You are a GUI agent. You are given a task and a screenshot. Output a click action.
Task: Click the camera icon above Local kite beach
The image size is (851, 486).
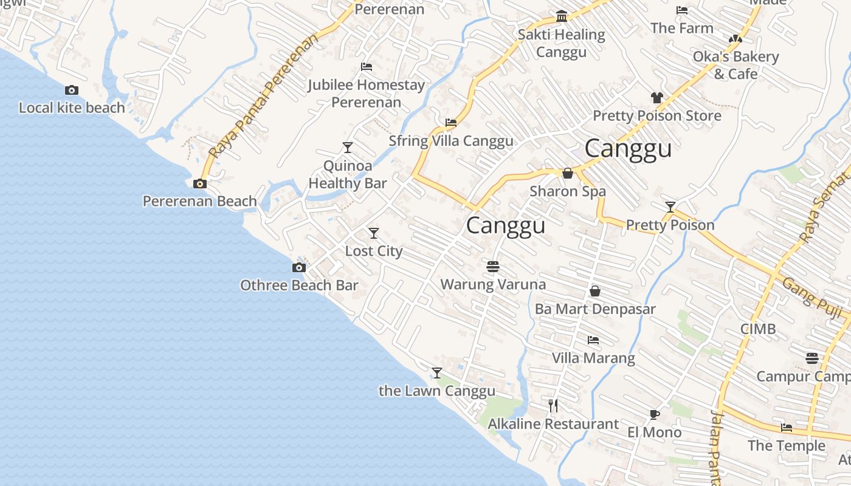tap(72, 91)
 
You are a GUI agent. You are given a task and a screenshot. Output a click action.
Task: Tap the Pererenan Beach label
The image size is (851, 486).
tap(199, 201)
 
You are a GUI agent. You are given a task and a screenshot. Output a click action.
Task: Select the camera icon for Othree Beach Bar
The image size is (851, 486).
tap(298, 267)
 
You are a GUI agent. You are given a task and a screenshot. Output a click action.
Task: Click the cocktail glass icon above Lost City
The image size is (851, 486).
tap(374, 233)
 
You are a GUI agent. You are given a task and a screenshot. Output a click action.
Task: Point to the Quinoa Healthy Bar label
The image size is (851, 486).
tap(348, 174)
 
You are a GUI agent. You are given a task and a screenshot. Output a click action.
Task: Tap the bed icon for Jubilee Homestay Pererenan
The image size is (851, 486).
tap(367, 67)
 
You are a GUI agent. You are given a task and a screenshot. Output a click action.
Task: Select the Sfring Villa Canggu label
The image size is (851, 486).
tap(451, 141)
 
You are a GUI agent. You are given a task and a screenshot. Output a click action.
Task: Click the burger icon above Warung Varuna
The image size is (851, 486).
tap(493, 266)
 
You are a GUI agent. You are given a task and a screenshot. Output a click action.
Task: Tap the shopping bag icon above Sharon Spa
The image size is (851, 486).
tap(568, 173)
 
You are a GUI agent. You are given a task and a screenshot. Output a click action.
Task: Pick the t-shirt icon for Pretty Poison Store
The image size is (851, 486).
tap(656, 97)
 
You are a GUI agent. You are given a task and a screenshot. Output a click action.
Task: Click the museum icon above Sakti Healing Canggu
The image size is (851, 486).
tap(562, 16)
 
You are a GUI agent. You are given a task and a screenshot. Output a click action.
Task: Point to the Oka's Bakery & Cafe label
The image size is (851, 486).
tap(736, 65)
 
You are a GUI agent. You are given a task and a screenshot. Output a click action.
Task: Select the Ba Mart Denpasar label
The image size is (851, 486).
tap(595, 309)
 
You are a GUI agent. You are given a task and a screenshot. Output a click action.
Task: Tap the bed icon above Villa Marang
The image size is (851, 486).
tap(593, 340)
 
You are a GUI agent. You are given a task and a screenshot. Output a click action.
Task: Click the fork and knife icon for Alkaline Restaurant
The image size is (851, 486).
tap(553, 405)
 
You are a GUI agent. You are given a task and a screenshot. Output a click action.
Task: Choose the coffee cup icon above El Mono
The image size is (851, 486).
tap(654, 414)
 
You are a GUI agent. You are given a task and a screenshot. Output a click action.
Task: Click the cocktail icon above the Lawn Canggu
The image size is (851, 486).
tap(436, 372)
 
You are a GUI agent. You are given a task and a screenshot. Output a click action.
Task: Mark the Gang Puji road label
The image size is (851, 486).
tap(811, 298)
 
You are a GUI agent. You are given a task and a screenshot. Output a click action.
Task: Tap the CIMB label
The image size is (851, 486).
tap(757, 329)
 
